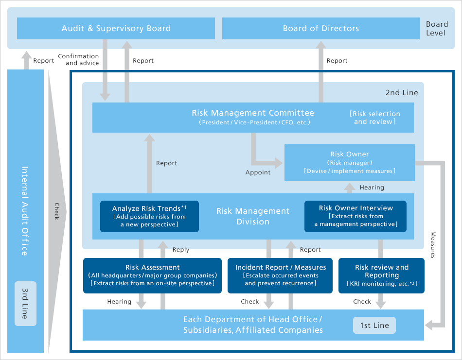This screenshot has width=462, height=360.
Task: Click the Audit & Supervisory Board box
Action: click(x=116, y=28)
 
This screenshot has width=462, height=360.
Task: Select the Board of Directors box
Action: click(x=320, y=28)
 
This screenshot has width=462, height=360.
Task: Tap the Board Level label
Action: click(x=437, y=28)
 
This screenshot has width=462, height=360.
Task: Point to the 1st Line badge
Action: click(x=374, y=326)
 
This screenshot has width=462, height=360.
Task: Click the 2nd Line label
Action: click(x=401, y=92)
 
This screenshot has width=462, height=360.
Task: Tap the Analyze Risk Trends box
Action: click(x=149, y=216)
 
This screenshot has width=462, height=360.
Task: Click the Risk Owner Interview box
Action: click(x=356, y=216)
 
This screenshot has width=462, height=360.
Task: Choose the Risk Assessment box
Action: click(x=152, y=275)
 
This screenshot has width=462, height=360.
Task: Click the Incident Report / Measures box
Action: click(x=280, y=275)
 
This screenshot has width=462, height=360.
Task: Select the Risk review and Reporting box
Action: click(x=381, y=275)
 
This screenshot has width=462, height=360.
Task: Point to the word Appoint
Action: click(x=258, y=172)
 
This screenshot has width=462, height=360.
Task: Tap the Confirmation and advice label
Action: click(x=78, y=60)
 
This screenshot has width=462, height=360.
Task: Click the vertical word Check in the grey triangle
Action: click(x=56, y=210)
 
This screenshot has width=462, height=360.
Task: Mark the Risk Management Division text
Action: click(x=252, y=216)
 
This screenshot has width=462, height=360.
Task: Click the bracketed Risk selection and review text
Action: click(x=374, y=118)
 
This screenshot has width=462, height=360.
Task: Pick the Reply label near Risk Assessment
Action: click(x=180, y=250)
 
